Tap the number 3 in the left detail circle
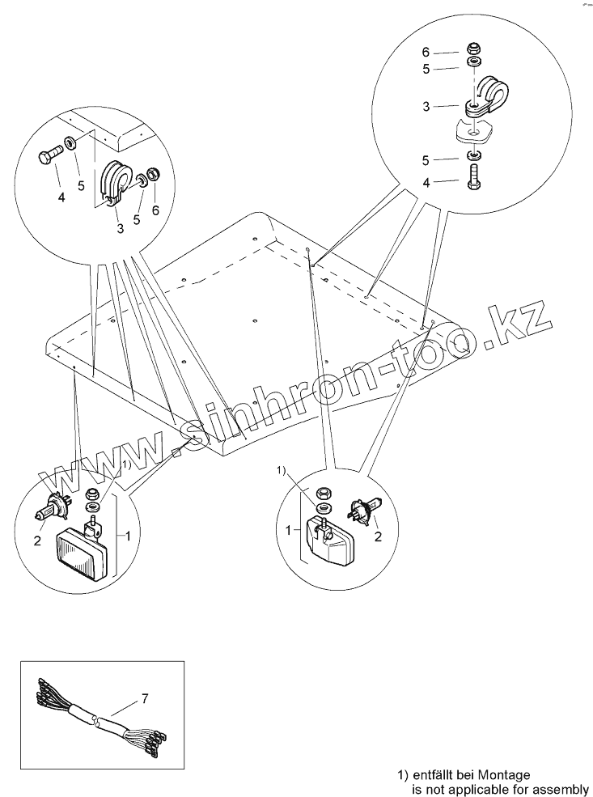click(x=120, y=229)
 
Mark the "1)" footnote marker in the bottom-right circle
click(x=282, y=470)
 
